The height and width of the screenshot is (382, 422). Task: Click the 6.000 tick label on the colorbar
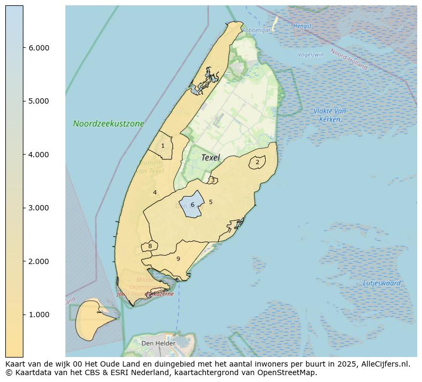click(39, 48)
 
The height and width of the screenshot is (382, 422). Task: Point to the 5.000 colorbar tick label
click(39, 101)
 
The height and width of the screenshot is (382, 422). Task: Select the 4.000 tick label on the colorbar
click(39, 155)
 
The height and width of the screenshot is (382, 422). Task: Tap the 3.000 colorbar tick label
click(39, 208)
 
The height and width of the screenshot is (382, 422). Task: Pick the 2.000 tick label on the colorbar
click(39, 261)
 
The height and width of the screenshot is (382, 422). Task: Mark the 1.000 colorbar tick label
click(39, 315)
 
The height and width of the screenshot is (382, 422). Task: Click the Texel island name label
click(210, 157)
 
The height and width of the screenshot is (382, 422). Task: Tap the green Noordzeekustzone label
click(108, 124)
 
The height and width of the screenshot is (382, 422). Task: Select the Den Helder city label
click(158, 344)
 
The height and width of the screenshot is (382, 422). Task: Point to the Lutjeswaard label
click(382, 283)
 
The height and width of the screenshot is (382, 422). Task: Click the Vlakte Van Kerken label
click(330, 115)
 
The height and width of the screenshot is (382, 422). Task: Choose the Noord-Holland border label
click(349, 59)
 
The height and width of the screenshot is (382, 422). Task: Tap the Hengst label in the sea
click(302, 26)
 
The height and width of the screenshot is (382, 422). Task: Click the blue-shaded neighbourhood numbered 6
click(192, 205)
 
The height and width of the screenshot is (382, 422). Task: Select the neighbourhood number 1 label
click(163, 146)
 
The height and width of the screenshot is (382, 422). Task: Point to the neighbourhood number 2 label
click(257, 163)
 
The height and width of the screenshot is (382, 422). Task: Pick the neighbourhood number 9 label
click(178, 259)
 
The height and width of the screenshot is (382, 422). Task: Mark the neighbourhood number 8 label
click(150, 246)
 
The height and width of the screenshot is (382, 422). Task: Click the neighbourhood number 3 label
click(213, 180)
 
